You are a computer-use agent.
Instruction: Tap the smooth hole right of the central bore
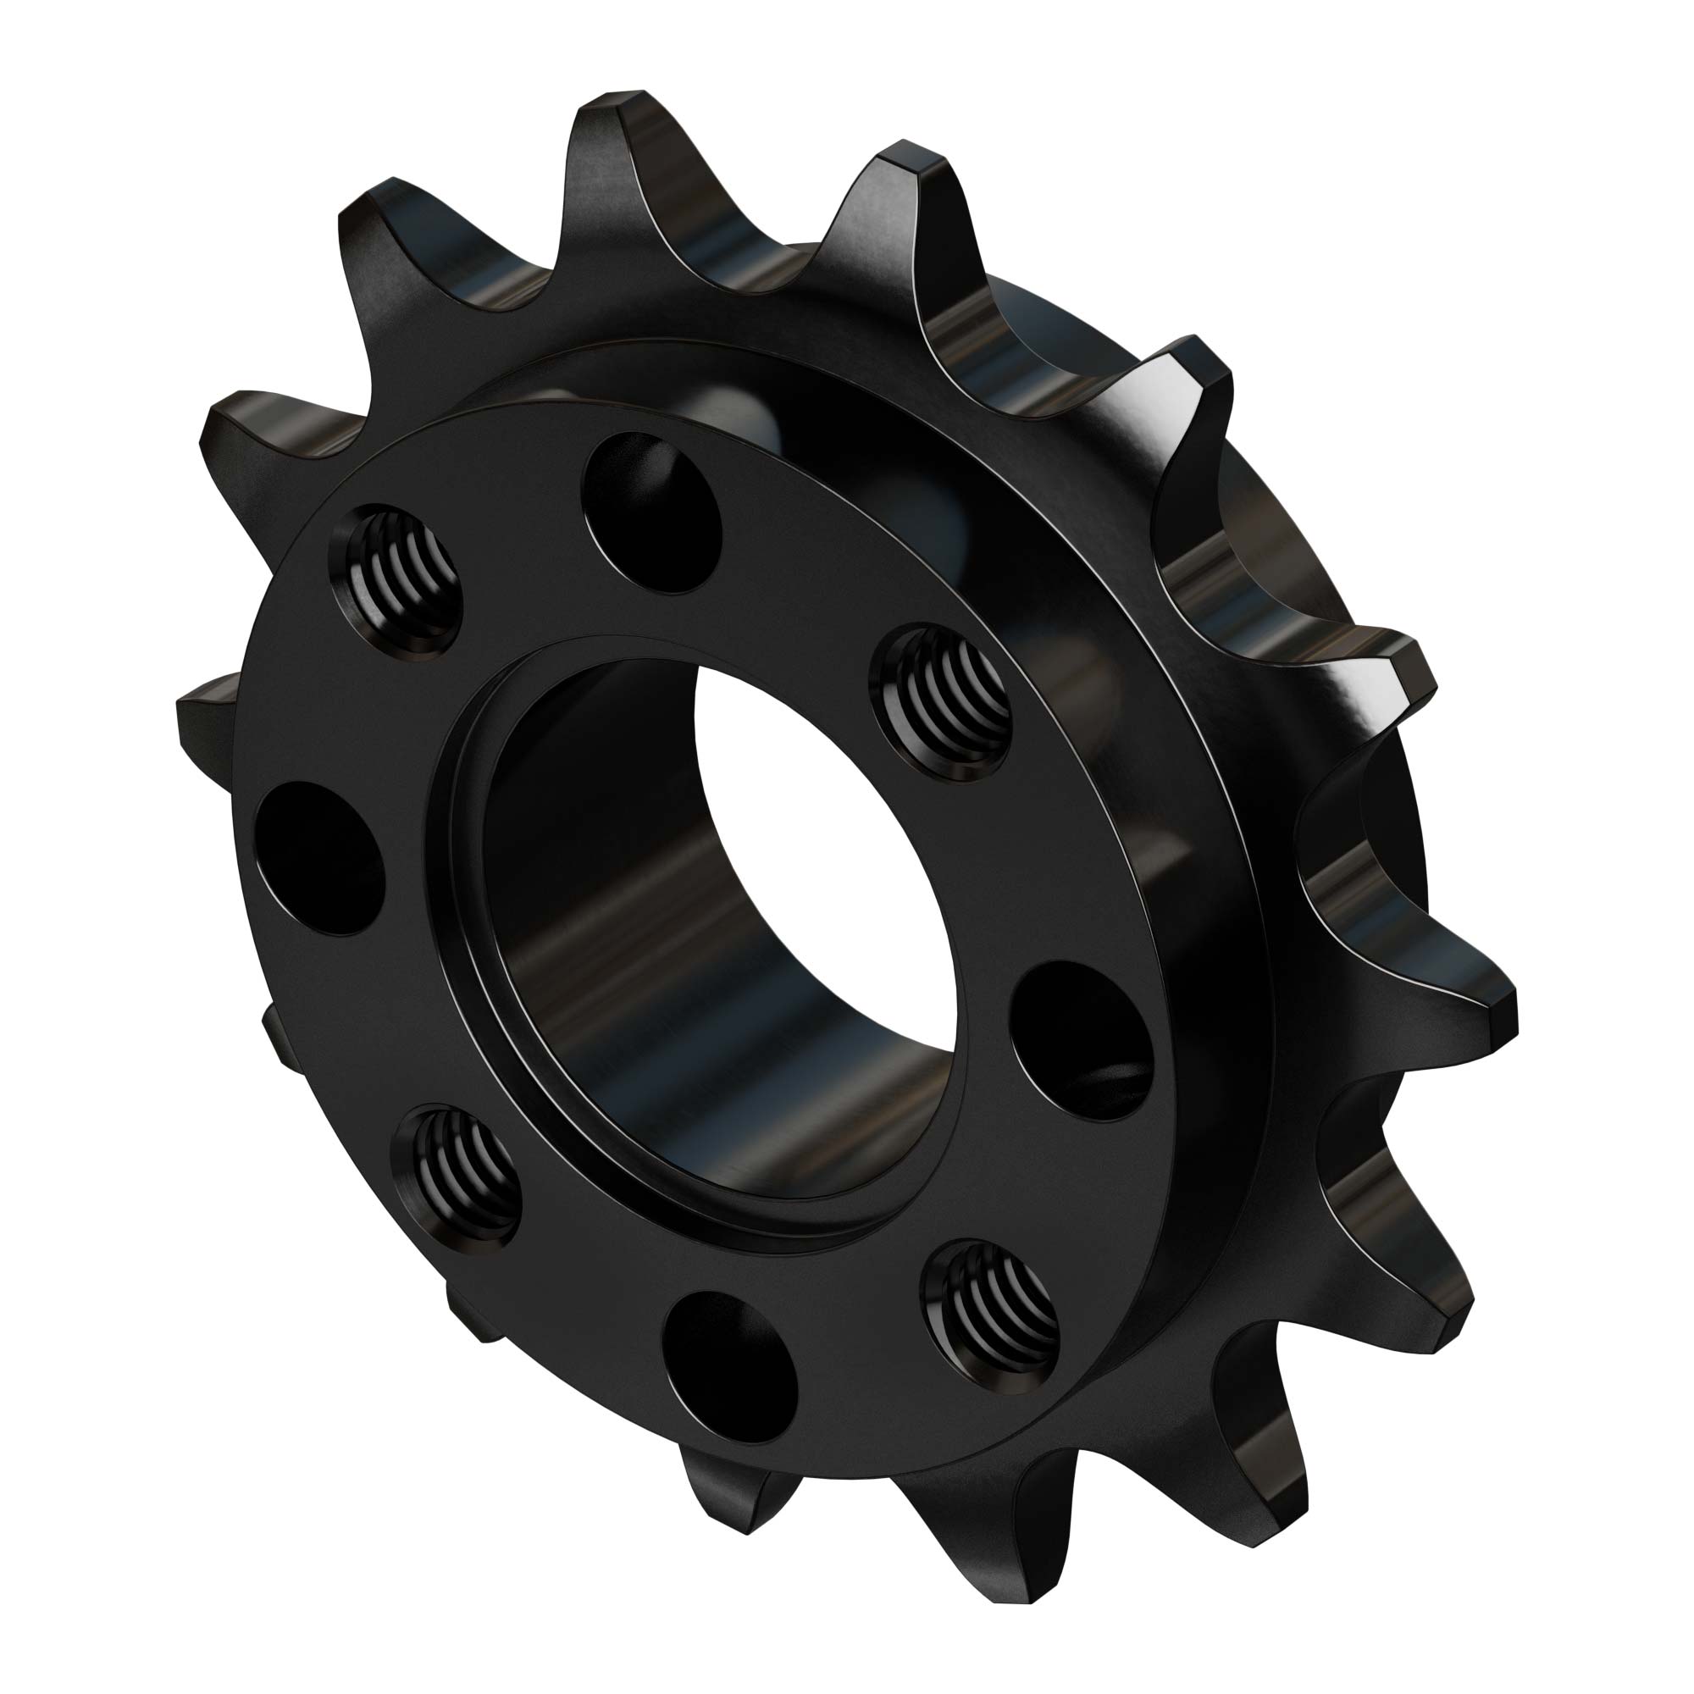[x=1080, y=1039]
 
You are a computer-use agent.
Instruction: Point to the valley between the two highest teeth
[x=754, y=280]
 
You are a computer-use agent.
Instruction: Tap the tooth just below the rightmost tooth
[x=1438, y=1315]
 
